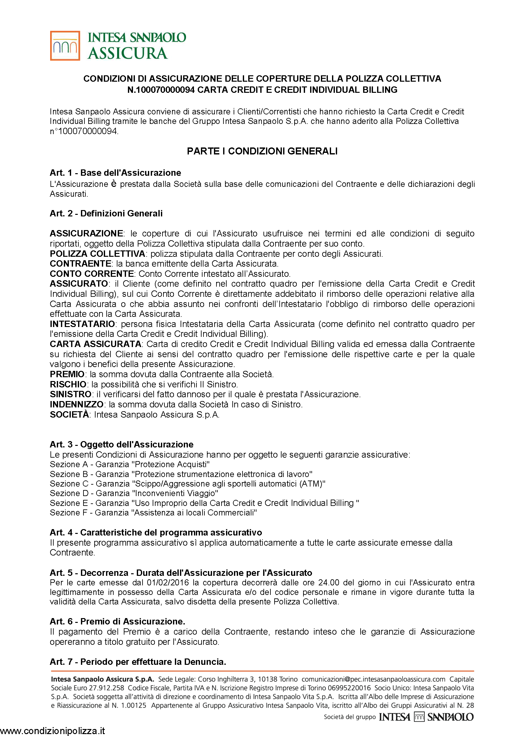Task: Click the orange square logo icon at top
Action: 65,46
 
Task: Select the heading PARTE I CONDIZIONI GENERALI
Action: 262,151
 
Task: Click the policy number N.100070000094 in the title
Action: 161,90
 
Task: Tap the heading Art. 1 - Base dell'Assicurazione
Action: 116,173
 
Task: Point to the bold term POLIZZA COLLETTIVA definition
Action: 97,253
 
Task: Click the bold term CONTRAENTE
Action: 81,263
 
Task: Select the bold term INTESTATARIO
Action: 83,324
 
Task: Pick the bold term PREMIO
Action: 67,374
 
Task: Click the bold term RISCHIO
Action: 68,384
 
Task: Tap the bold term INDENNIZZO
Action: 76,404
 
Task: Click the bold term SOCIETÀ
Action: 69,414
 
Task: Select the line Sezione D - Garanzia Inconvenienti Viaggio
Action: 134,493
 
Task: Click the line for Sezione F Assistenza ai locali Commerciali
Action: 153,512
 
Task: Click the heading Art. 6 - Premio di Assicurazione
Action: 117,621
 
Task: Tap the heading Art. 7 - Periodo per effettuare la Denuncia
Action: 138,662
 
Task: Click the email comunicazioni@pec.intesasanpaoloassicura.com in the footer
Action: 373,679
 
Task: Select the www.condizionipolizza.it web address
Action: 53,731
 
